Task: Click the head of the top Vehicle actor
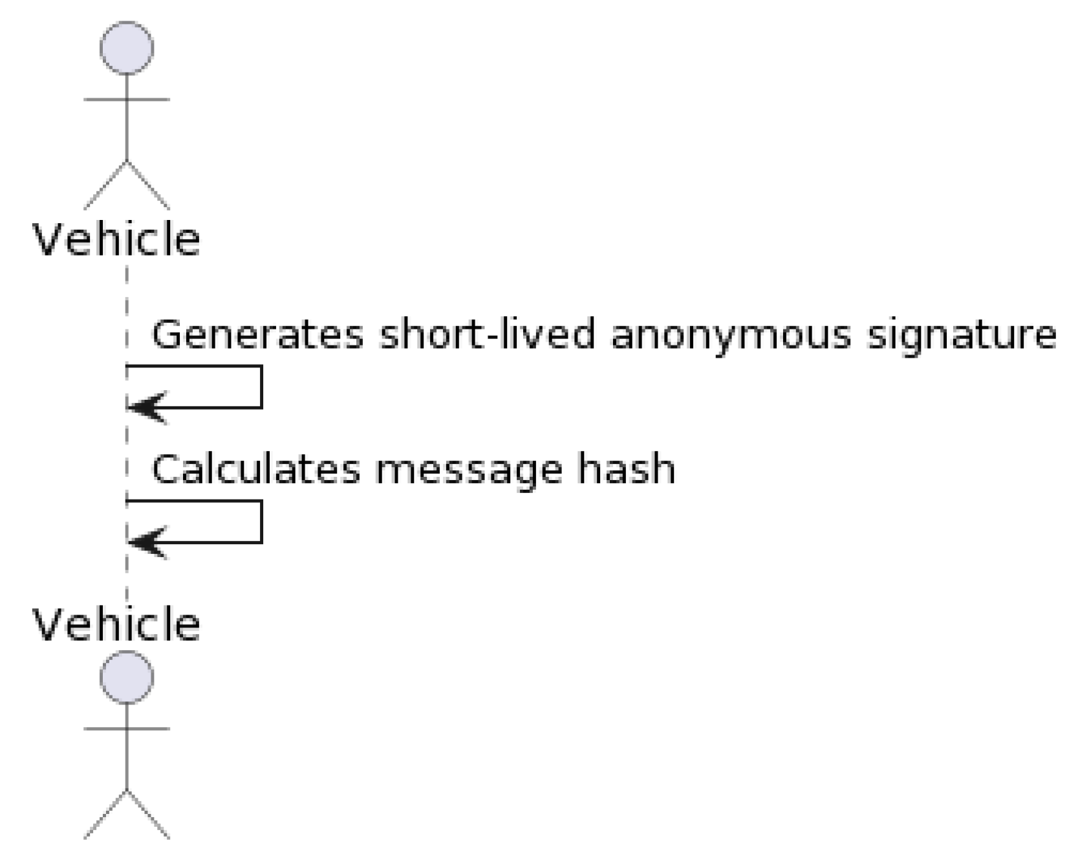[127, 48]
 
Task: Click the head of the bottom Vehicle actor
[127, 677]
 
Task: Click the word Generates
[257, 335]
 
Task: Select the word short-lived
[486, 335]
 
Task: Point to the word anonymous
[730, 335]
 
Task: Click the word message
[468, 470]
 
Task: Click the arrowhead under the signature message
[147, 408]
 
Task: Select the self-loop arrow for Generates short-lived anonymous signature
[261, 387]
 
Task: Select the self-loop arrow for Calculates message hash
[261, 521]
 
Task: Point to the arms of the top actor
[127, 100]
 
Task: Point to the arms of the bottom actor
[127, 729]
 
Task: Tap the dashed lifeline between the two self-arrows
[127, 453]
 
